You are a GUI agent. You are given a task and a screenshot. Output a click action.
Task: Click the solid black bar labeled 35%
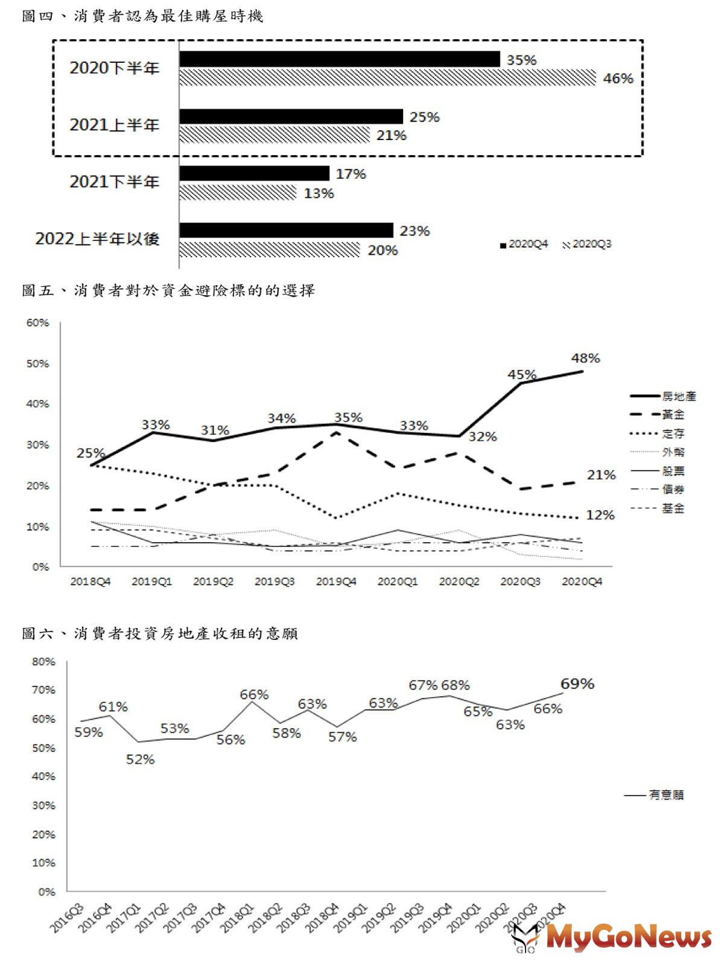pyautogui.click(x=340, y=59)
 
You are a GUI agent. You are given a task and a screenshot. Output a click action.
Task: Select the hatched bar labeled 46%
pyautogui.click(x=388, y=78)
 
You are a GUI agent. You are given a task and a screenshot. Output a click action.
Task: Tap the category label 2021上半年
pyautogui.click(x=114, y=125)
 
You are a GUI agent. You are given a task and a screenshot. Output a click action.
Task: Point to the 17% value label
pyautogui.click(x=351, y=174)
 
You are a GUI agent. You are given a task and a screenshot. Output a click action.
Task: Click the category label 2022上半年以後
pyautogui.click(x=97, y=239)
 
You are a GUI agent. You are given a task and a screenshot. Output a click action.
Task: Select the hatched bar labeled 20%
pyautogui.click(x=270, y=250)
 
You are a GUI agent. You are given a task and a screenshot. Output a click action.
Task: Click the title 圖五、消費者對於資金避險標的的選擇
pyautogui.click(x=168, y=290)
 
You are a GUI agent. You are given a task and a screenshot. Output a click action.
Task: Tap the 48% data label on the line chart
pyautogui.click(x=585, y=358)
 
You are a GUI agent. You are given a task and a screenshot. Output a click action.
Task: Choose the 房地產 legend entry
pyautogui.click(x=664, y=396)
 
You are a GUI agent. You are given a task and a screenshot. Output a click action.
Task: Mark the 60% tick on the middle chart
pyautogui.click(x=37, y=322)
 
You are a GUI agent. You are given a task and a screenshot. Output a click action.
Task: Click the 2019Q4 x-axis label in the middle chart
pyautogui.click(x=336, y=581)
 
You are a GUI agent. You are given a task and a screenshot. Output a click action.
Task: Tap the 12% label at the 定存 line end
pyautogui.click(x=600, y=515)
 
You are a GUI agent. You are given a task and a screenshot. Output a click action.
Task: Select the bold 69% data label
pyautogui.click(x=577, y=683)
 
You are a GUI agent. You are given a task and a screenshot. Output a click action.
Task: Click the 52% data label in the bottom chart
pyautogui.click(x=140, y=760)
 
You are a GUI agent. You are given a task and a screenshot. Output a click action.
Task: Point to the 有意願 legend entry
pyautogui.click(x=654, y=795)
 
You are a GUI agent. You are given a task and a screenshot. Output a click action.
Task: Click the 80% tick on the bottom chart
pyautogui.click(x=43, y=662)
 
